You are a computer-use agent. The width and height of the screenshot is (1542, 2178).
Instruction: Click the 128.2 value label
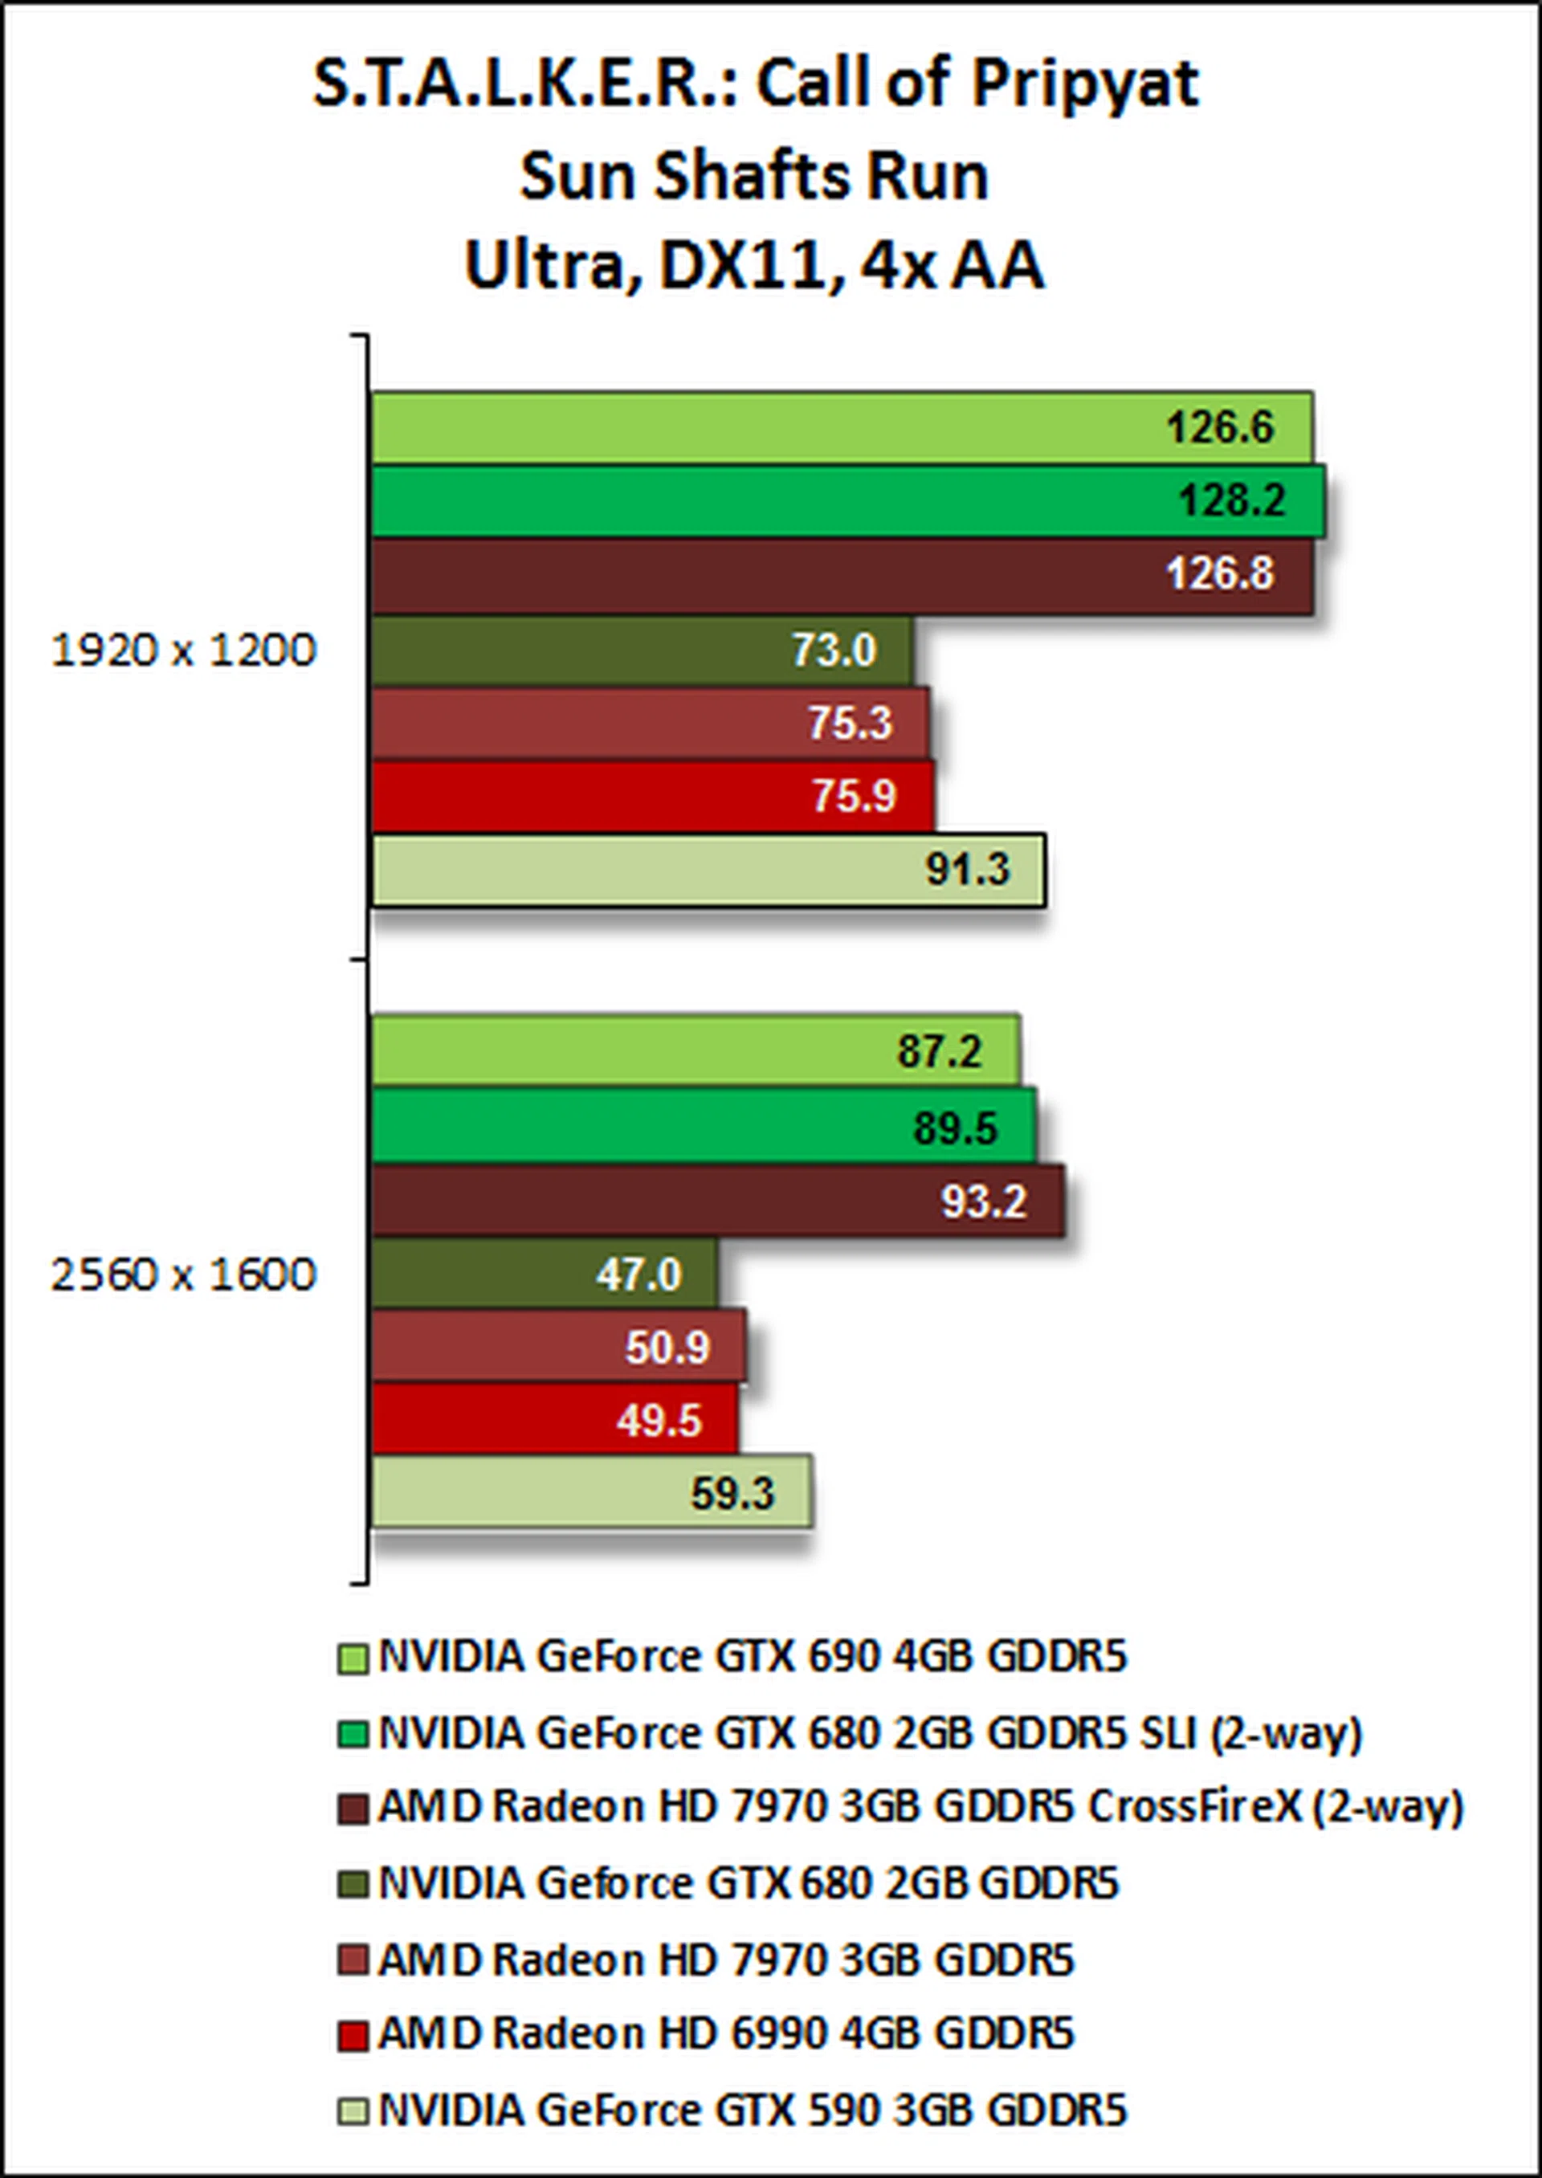(x=1231, y=500)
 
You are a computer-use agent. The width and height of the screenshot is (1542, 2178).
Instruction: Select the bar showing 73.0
(x=641, y=651)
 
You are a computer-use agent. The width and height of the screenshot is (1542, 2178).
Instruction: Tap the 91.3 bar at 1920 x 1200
(x=708, y=870)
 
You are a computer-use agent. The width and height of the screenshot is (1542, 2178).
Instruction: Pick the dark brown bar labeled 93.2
(x=717, y=1202)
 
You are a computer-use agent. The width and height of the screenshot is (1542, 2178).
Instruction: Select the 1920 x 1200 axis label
(x=182, y=651)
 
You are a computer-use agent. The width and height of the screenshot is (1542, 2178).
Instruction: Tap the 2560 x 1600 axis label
(x=182, y=1275)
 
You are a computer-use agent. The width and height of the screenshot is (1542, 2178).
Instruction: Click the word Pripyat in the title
(x=1084, y=84)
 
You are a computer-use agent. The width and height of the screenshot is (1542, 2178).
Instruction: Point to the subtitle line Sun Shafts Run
(x=755, y=177)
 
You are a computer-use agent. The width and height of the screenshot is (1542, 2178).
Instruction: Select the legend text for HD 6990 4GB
(x=725, y=2033)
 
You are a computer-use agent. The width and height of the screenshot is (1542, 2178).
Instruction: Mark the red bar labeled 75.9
(x=652, y=796)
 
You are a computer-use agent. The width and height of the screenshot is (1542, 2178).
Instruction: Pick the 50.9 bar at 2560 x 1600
(x=558, y=1348)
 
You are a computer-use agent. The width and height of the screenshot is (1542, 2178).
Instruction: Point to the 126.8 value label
(x=1219, y=574)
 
